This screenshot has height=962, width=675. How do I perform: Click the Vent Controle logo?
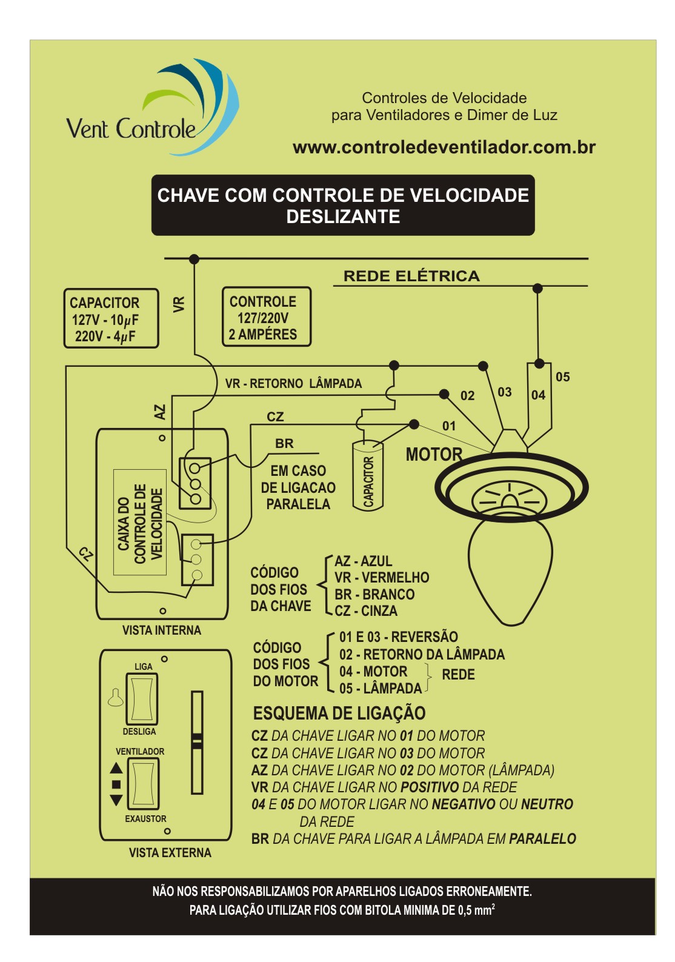(x=151, y=109)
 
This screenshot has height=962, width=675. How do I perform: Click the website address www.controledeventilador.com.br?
(x=444, y=147)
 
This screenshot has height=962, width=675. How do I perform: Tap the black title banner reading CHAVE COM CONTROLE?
(x=343, y=205)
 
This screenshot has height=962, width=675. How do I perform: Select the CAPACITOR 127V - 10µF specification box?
(x=111, y=319)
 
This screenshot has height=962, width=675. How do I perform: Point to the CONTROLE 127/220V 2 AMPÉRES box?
(x=266, y=317)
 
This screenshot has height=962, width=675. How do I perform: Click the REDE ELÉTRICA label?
(x=411, y=276)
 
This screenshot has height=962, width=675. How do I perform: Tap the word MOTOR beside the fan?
(x=434, y=454)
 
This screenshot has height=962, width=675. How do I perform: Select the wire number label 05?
(x=562, y=377)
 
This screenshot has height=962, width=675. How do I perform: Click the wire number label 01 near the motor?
(x=448, y=426)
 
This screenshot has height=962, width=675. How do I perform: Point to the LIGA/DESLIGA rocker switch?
(x=142, y=698)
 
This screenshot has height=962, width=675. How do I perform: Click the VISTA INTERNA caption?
(x=161, y=630)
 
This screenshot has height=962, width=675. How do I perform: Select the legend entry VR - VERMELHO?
(x=382, y=578)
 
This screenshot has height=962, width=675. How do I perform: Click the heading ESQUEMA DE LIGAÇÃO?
(x=339, y=713)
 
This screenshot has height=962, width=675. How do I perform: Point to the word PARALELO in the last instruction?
(x=542, y=839)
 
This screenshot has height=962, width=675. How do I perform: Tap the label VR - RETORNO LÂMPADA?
(x=293, y=383)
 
